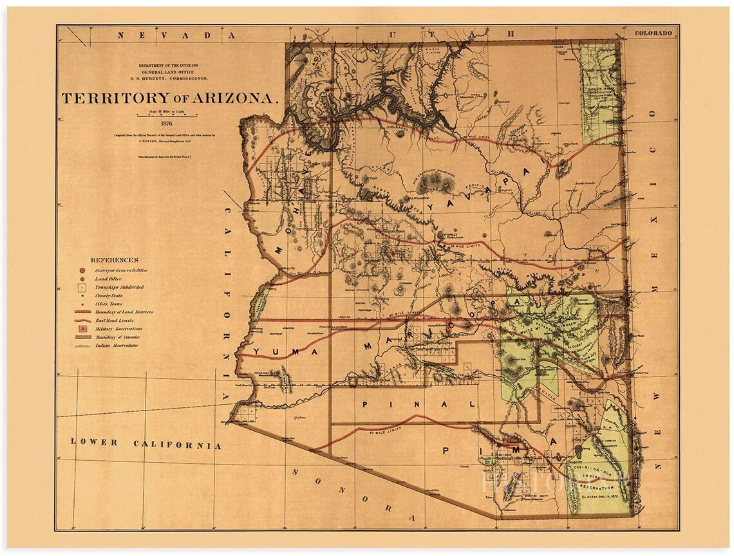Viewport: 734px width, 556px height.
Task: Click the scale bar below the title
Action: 167,116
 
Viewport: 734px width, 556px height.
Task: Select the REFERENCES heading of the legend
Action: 114,260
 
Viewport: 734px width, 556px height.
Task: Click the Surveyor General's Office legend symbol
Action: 82,271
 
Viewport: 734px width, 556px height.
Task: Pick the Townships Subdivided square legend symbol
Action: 82,287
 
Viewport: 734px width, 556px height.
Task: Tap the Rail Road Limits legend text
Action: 115,320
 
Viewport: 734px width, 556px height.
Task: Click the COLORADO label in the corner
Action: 653,33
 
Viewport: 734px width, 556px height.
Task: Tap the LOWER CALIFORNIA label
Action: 146,443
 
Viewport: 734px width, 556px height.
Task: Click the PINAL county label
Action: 419,404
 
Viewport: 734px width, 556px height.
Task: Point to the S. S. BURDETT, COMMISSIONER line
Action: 167,78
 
